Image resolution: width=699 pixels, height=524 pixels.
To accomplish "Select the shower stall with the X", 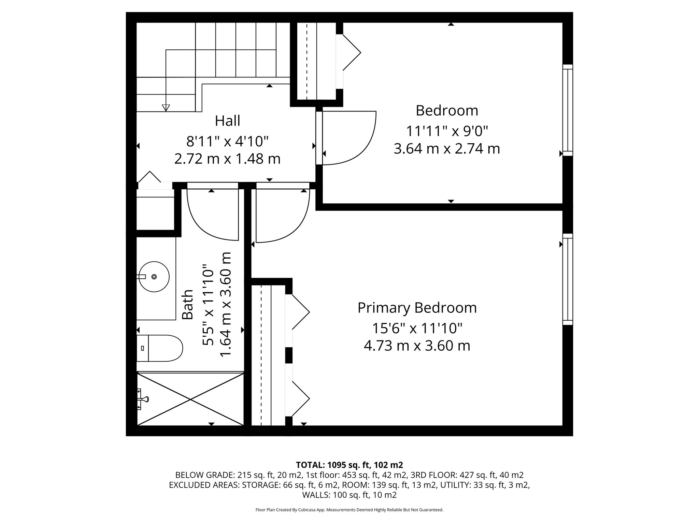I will point(190,399).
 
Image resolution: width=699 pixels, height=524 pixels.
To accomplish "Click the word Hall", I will point(227,121).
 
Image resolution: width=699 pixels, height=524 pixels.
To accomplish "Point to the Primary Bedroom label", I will point(417,308).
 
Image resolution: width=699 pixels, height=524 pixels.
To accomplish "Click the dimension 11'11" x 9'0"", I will point(447,131).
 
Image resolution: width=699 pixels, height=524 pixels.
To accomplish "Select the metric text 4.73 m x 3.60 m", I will point(417,346).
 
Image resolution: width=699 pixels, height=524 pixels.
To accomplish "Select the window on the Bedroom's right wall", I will point(567,110).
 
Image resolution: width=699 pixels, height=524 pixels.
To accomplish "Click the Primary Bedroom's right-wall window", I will point(567,279).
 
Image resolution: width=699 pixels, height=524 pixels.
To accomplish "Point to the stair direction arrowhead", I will point(166,107).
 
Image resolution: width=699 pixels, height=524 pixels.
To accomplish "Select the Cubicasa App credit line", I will point(349,510).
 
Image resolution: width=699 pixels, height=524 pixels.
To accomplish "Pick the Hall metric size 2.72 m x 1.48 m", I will point(227,159).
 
